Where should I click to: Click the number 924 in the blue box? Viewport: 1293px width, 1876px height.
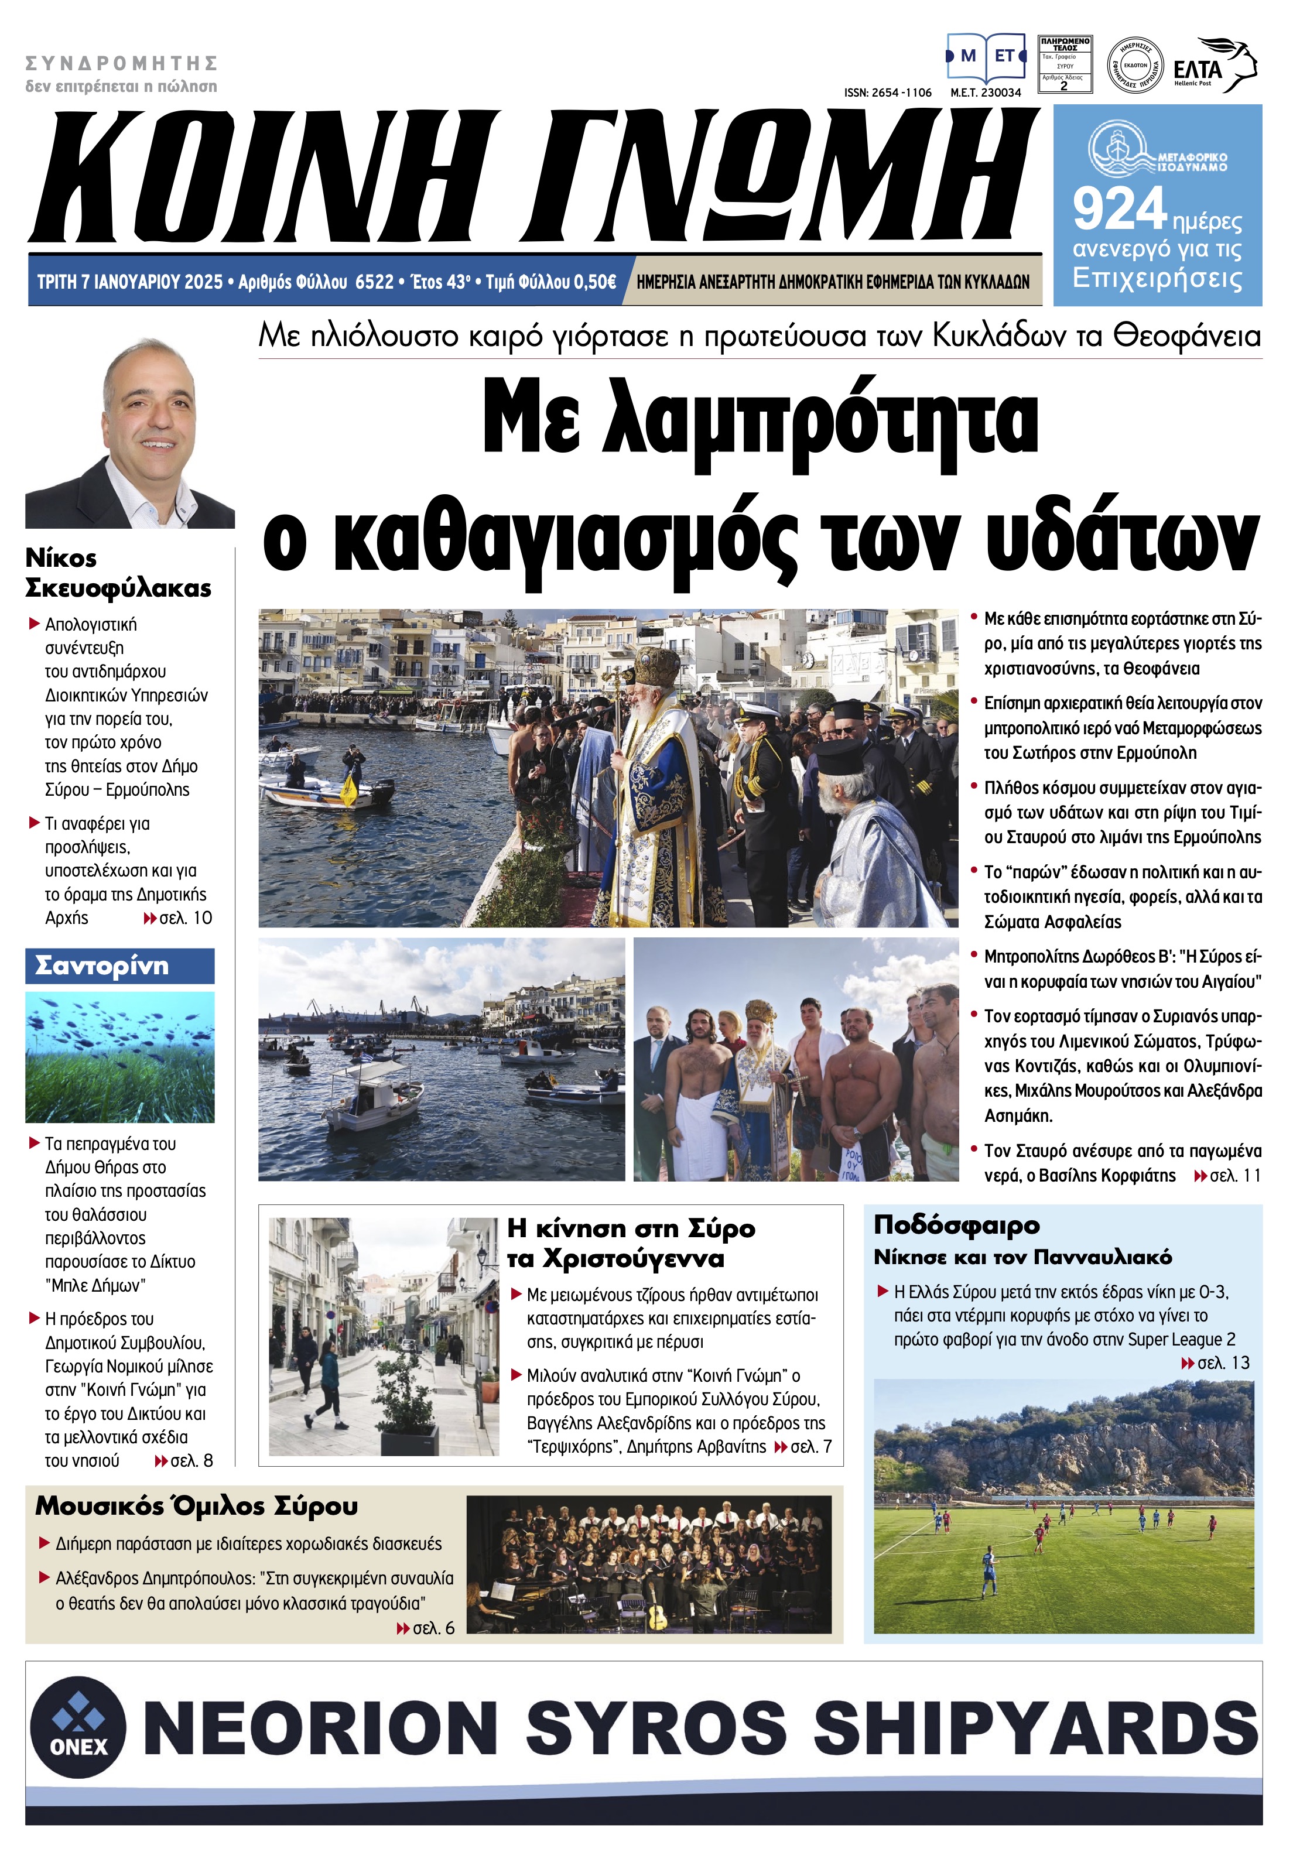[x=1119, y=209]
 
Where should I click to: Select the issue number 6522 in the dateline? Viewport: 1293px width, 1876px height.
[x=374, y=282]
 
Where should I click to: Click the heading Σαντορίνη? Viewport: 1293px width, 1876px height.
[x=102, y=966]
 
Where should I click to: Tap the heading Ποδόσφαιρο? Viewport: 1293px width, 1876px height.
[x=956, y=1225]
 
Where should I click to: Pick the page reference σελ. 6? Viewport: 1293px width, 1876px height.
[x=433, y=1628]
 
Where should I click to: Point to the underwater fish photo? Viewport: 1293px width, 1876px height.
[x=120, y=1056]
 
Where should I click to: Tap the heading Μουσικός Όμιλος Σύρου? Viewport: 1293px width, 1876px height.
[x=196, y=1506]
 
